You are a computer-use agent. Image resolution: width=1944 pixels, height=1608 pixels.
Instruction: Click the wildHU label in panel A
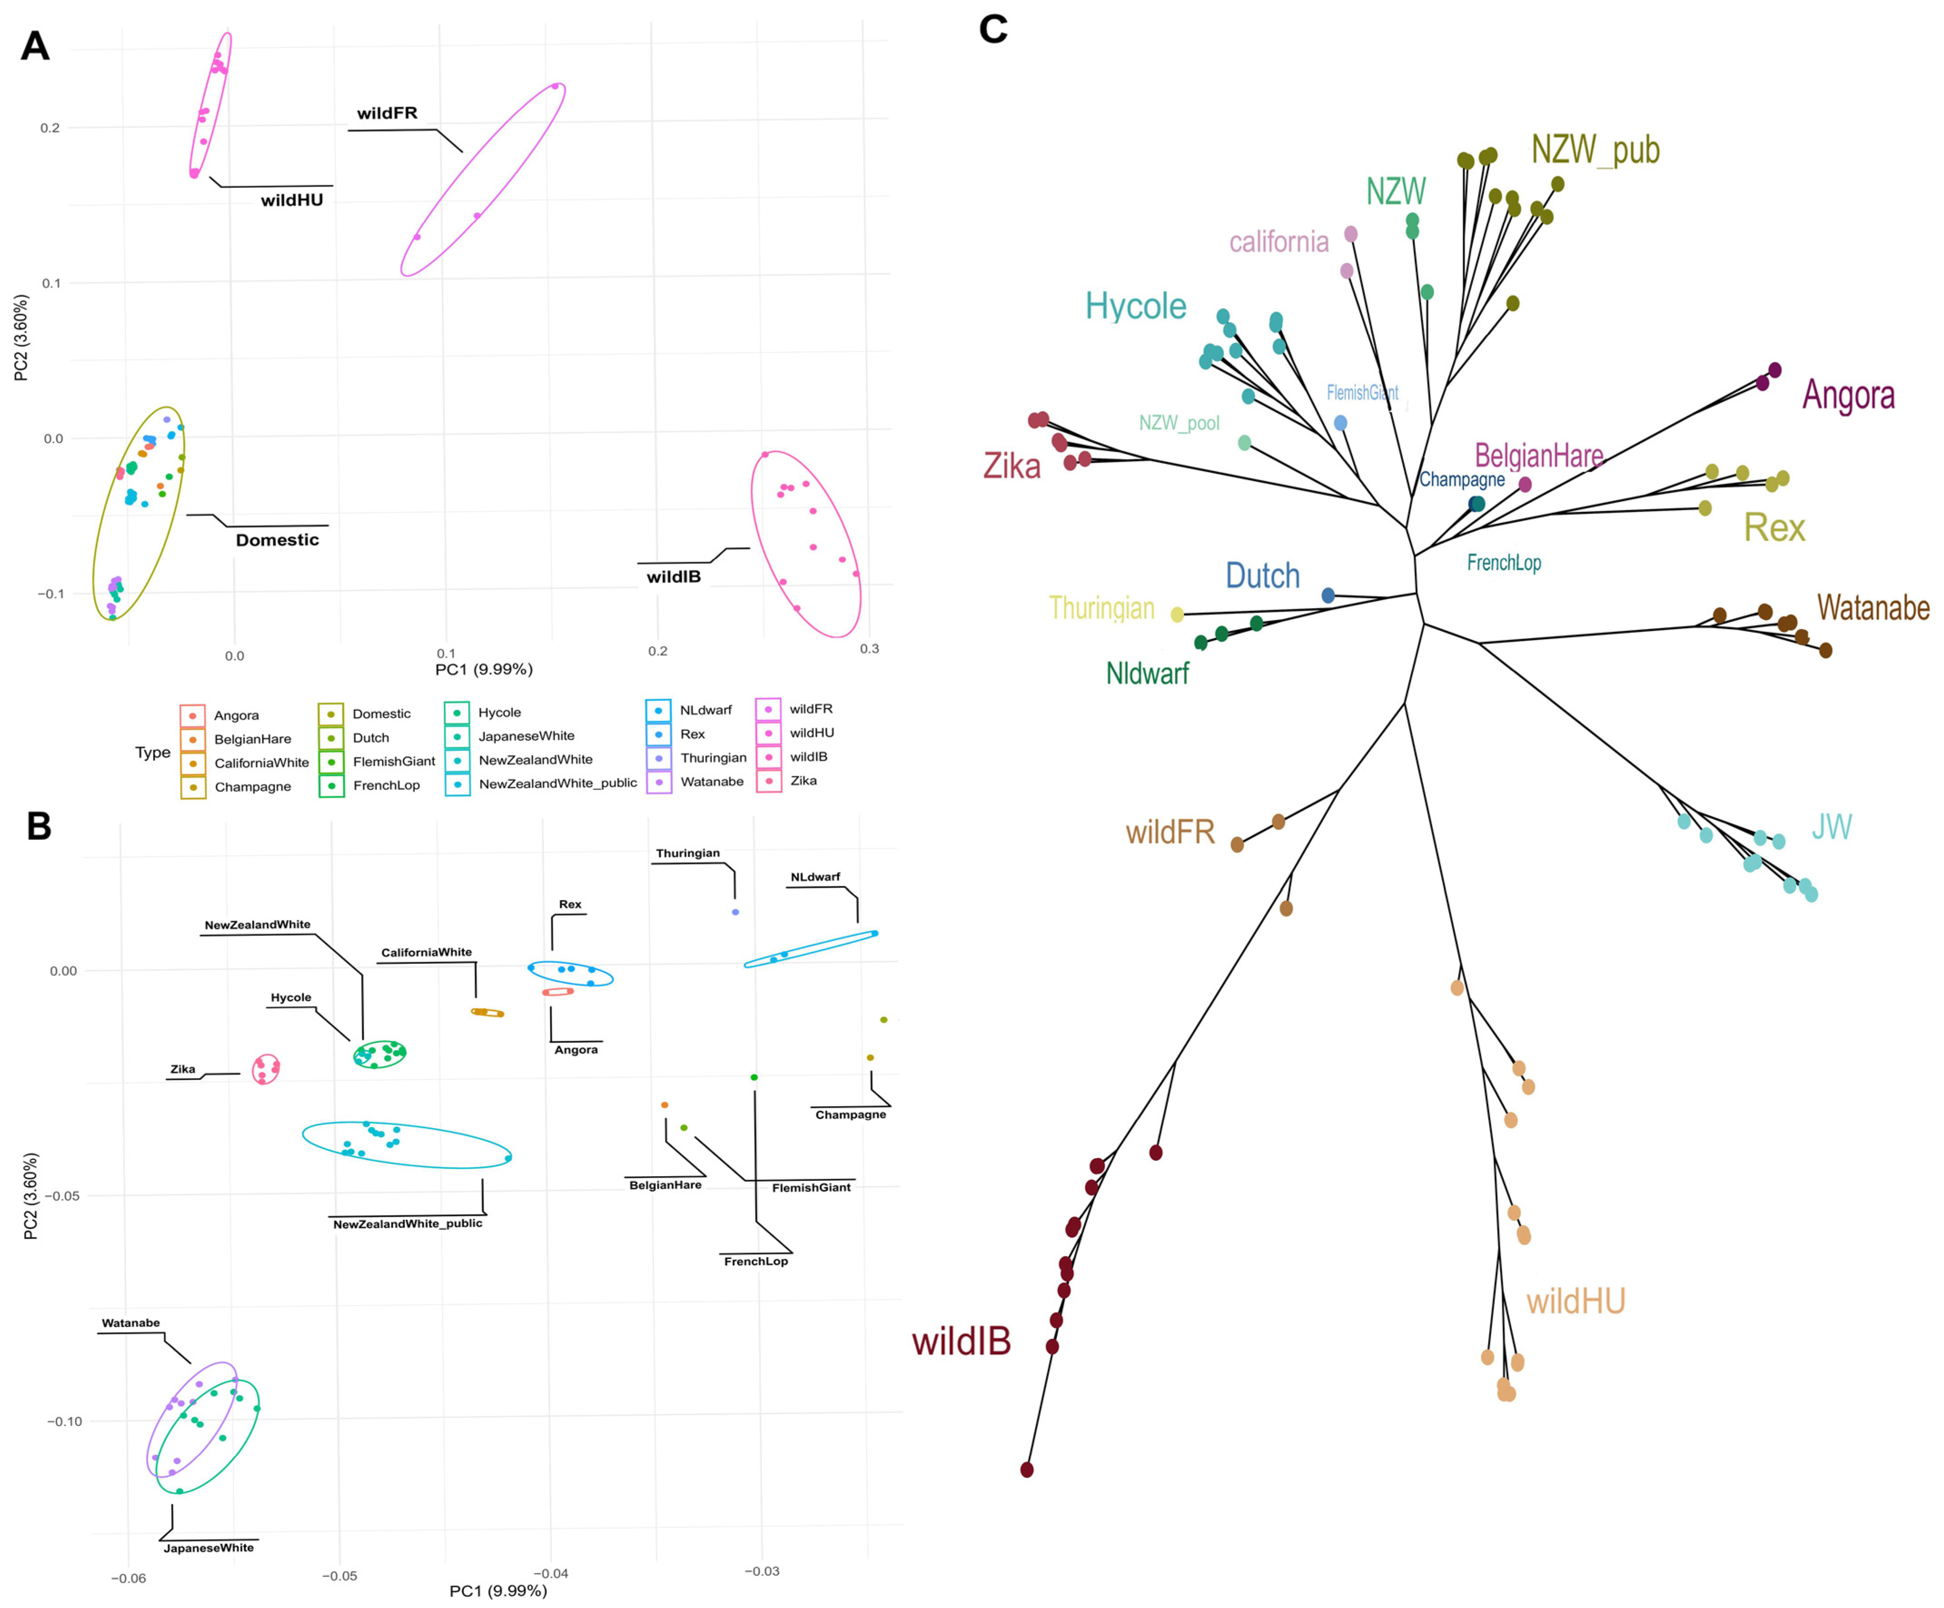pos(292,200)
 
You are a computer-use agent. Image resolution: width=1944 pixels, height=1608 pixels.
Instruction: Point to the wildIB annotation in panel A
pos(673,577)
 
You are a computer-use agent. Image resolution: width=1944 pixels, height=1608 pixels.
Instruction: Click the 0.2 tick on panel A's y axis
pos(50,128)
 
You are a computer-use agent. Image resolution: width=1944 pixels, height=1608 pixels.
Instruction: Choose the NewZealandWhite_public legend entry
pos(557,783)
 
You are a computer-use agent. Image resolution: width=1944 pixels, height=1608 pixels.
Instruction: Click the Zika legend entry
pos(802,780)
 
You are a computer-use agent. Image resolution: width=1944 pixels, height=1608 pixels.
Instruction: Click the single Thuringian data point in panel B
pos(735,912)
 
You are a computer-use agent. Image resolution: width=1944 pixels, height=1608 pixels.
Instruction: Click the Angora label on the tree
pos(1848,395)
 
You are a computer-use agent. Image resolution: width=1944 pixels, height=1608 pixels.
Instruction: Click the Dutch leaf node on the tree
pos(1327,595)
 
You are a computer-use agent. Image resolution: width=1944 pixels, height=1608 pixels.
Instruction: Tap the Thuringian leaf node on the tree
pos(1177,615)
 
